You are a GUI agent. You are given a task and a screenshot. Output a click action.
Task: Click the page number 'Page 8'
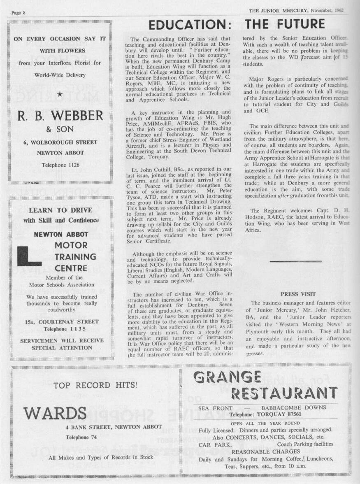click(19, 13)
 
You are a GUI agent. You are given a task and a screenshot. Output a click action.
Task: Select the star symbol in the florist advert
click(60, 95)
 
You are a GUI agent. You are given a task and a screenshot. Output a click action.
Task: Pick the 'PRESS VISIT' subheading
click(298, 294)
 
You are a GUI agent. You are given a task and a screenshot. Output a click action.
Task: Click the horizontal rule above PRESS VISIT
click(296, 261)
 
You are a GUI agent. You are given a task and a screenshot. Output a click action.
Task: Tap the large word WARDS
click(55, 412)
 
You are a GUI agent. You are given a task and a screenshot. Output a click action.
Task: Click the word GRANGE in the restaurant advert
click(227, 377)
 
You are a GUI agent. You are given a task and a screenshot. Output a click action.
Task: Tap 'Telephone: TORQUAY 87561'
click(265, 414)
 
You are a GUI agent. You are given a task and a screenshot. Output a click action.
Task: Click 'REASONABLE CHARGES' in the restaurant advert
click(266, 451)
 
